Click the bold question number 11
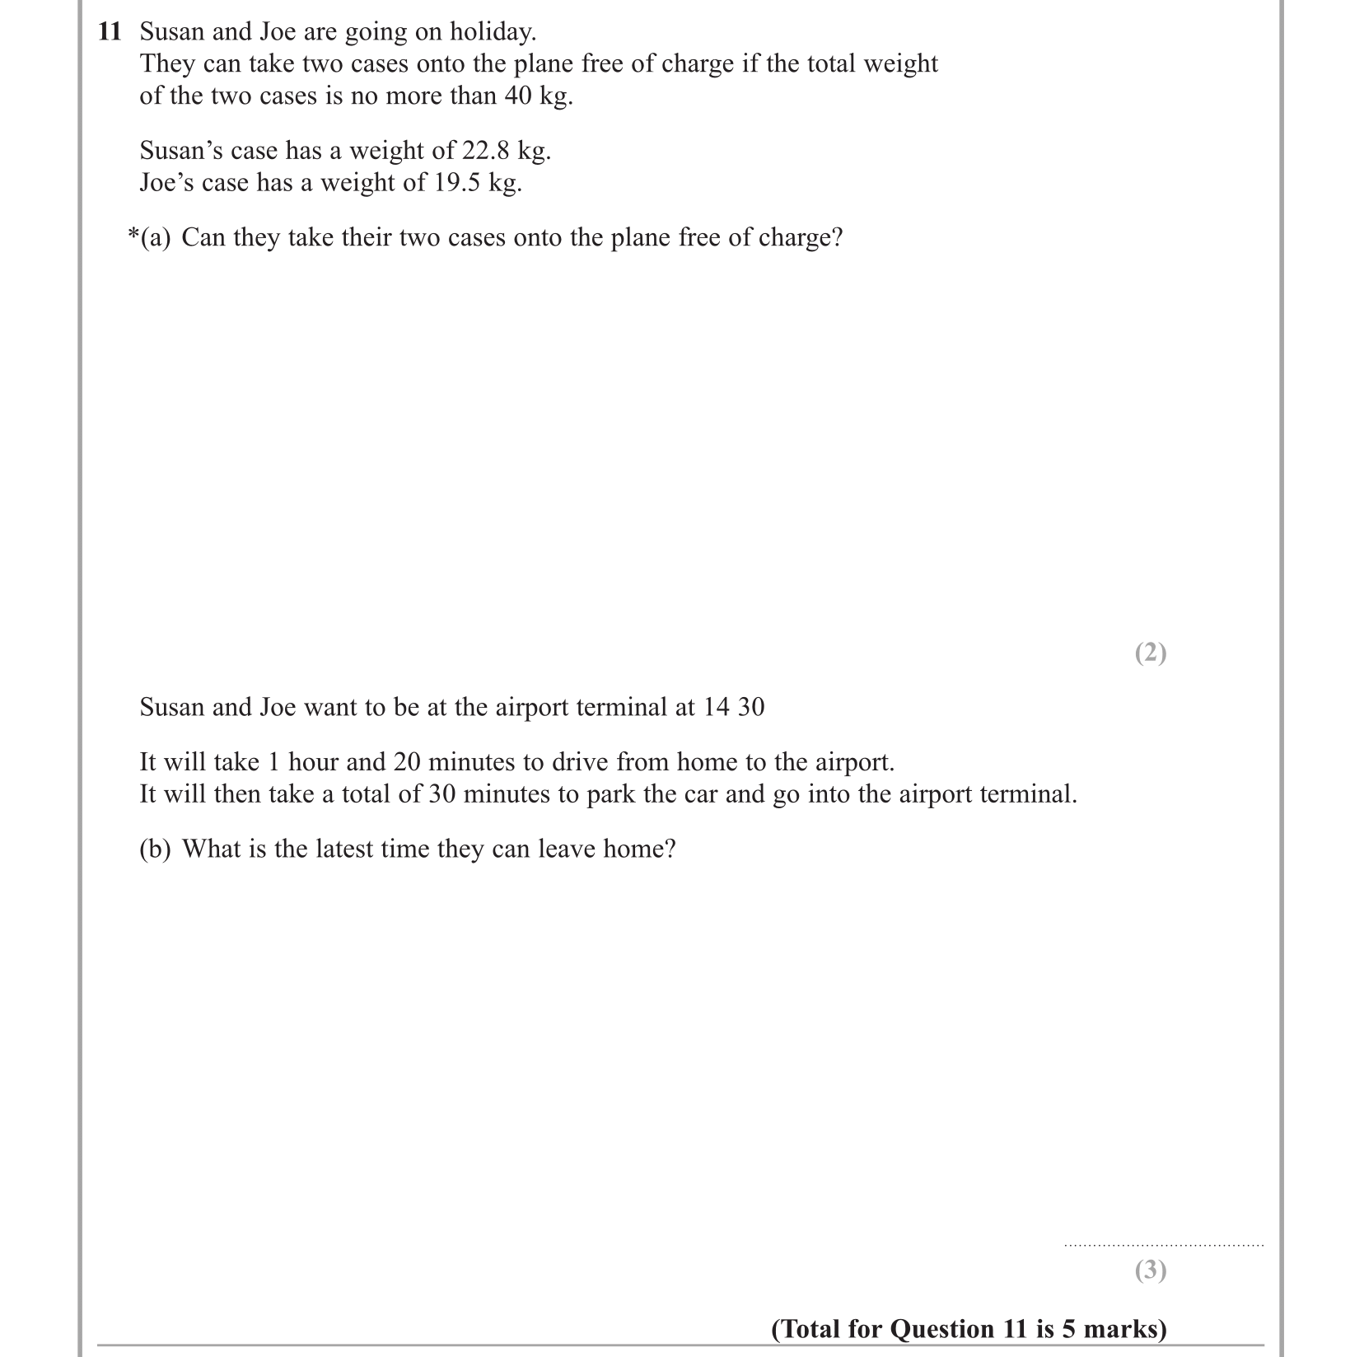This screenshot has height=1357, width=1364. click(x=110, y=32)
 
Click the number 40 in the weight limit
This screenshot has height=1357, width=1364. click(x=518, y=96)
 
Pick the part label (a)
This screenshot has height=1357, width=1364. click(x=156, y=238)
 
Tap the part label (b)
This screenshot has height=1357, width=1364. click(x=155, y=849)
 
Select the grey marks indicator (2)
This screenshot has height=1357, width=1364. click(x=1150, y=653)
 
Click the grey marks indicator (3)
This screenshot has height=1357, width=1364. click(x=1150, y=1270)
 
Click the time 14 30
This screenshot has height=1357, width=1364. click(x=733, y=707)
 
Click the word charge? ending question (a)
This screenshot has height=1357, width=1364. click(x=800, y=238)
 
